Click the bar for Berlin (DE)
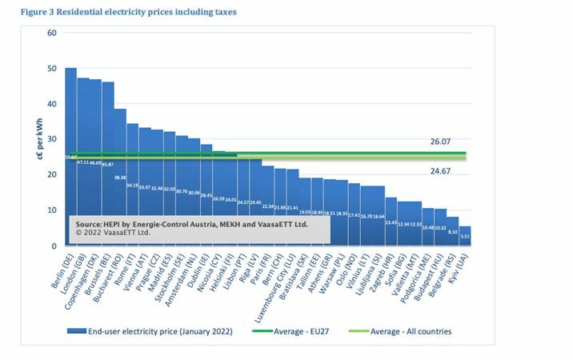[x=71, y=120]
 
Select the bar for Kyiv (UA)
[x=465, y=236]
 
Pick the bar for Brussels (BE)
[x=108, y=128]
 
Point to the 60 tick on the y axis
[x=51, y=33]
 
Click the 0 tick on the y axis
[x=54, y=246]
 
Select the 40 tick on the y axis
[x=51, y=104]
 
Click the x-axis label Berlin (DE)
[x=64, y=267]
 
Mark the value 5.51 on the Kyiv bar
[x=465, y=237]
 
